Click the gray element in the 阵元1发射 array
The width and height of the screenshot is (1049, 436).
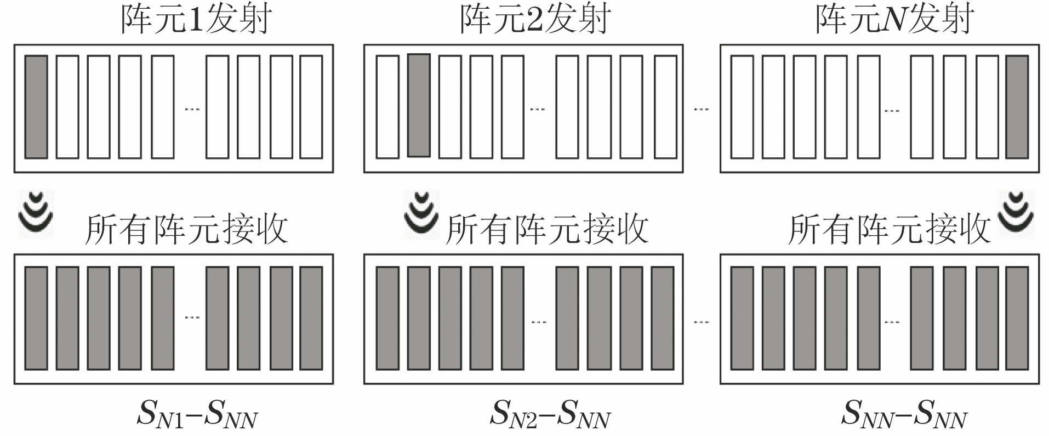tap(36, 107)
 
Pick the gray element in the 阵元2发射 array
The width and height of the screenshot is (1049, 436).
tap(419, 105)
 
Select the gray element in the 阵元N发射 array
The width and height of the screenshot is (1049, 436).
tap(1017, 107)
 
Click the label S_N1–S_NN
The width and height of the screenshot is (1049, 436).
tap(197, 414)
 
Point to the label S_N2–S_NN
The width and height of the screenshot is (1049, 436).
tap(550, 414)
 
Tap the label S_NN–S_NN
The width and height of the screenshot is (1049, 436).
tap(904, 414)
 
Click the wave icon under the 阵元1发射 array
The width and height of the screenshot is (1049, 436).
tap(36, 213)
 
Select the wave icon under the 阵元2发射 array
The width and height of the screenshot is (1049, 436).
tap(421, 214)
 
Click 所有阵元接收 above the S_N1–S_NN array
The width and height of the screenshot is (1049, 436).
tap(186, 229)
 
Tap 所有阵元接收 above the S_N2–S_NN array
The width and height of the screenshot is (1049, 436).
tap(547, 229)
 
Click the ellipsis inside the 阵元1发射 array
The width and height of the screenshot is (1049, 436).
tap(192, 109)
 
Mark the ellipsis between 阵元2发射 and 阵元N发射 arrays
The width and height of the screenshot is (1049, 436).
tap(701, 109)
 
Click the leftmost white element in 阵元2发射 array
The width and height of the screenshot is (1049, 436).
tap(387, 107)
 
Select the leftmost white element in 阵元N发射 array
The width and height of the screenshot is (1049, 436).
tap(742, 107)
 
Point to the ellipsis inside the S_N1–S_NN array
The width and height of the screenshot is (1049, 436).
tap(192, 318)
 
